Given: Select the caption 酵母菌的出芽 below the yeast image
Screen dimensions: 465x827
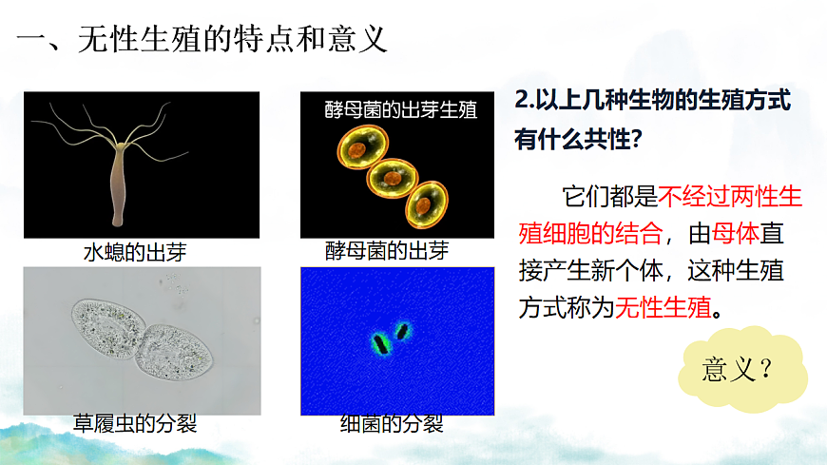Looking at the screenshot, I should point(386,251).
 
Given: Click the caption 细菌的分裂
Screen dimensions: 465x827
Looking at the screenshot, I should point(392,423).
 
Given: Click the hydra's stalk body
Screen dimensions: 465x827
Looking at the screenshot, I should point(119,185).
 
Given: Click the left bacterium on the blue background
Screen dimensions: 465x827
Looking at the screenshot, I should point(380,340).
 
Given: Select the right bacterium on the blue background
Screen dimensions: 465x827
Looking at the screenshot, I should point(402,331).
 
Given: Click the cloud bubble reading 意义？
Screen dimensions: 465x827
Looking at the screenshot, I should point(739,371).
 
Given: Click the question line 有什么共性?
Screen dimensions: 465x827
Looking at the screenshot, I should point(581,139).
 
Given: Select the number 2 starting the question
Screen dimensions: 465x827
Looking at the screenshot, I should point(520,100).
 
